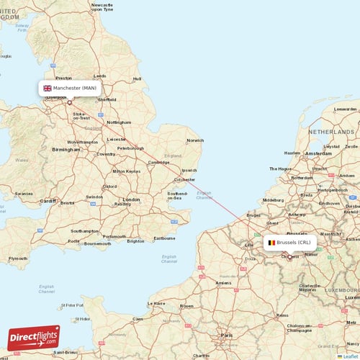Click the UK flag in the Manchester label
coord(48,88)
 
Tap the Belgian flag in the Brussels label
coord(271,243)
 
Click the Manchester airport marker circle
coord(70,102)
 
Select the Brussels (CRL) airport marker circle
coord(290,257)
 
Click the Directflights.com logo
coord(34,337)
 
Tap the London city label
coord(131,199)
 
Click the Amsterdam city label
coord(318,153)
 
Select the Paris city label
coord(228,335)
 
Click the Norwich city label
coord(195,140)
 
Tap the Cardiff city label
coord(48,201)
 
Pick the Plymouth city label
coord(18,258)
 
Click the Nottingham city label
coord(119,122)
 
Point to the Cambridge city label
coord(158,163)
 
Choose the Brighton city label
coord(135,241)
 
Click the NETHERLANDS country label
coord(332,132)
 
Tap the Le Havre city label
coord(156,303)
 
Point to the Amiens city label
coord(223,283)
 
